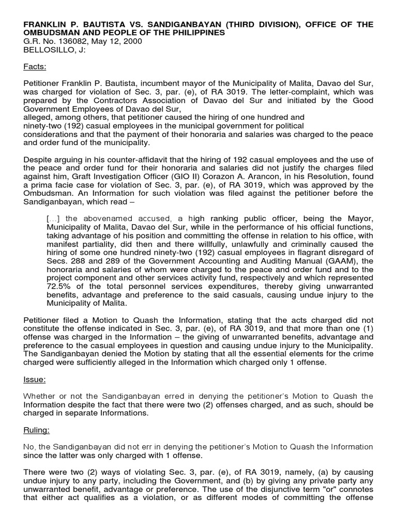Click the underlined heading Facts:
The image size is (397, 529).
[x=35, y=67]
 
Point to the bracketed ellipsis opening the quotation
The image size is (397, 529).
[x=54, y=219]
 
